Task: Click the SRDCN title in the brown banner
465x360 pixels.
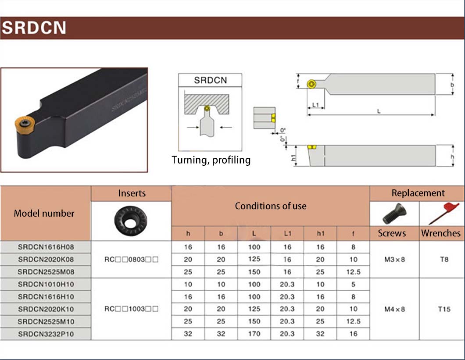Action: (34, 28)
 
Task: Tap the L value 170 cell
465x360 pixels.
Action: (254, 334)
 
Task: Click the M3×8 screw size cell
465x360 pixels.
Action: (394, 259)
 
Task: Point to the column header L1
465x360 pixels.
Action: (287, 234)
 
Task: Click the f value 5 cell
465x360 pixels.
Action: (353, 284)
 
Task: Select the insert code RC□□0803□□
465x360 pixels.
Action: (131, 259)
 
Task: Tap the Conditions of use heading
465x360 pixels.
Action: (270, 206)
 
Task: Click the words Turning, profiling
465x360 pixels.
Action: (211, 160)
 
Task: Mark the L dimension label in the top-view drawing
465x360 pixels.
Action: (378, 111)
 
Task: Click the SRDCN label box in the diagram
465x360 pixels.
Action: (210, 80)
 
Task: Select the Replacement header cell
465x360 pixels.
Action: (418, 193)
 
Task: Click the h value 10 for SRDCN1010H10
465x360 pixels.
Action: (188, 284)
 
